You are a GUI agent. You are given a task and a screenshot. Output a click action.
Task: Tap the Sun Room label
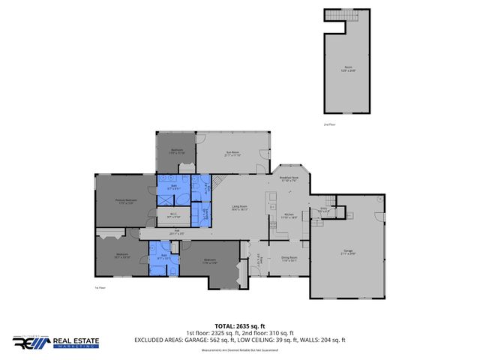pos(232,154)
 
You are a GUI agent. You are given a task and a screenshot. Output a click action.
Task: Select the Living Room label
pos(239,208)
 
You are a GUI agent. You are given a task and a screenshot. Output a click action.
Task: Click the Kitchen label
pos(288,215)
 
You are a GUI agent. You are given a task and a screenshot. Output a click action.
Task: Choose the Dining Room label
pos(289,259)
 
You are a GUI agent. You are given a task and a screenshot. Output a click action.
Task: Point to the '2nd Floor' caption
pos(329,124)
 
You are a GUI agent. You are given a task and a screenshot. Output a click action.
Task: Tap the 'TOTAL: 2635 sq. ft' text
pos(239,326)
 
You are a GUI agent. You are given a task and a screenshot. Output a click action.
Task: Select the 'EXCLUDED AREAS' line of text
pos(239,340)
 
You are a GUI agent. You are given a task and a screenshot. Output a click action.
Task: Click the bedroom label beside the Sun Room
pos(177,151)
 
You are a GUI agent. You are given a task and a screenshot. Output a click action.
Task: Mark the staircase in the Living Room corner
pos(217,182)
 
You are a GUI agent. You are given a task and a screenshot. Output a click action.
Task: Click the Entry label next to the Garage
pos(323,210)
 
